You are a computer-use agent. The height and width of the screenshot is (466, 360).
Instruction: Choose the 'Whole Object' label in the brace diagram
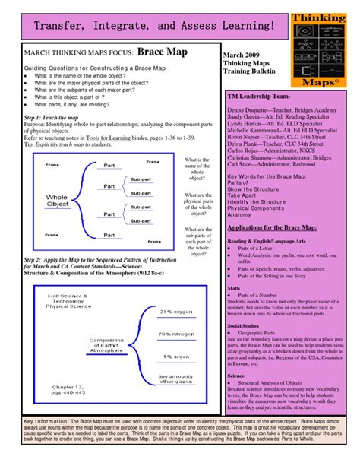[x=58, y=200]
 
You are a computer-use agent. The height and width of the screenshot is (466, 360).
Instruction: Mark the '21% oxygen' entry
[x=175, y=312]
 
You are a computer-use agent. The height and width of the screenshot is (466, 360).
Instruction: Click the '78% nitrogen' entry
[x=175, y=334]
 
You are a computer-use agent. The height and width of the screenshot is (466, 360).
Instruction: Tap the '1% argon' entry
[x=175, y=357]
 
